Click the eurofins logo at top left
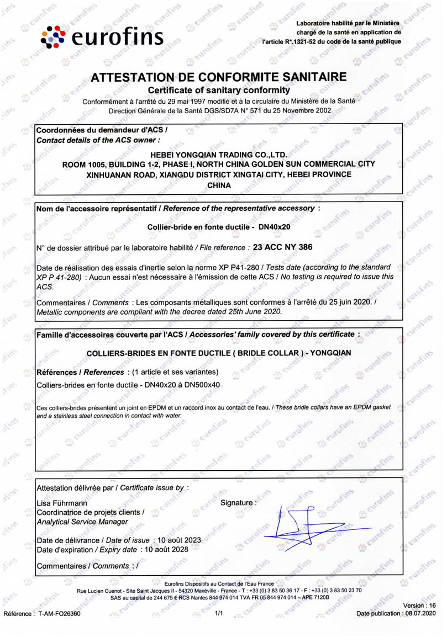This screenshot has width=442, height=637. [x=103, y=36]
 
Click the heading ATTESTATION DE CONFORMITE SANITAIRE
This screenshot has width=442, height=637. [x=219, y=77]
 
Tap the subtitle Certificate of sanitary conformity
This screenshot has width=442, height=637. [x=219, y=89]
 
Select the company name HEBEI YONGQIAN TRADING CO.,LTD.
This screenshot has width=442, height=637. [x=219, y=155]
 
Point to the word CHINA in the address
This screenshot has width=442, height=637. [x=218, y=185]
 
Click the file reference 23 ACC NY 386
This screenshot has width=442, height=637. [x=282, y=247]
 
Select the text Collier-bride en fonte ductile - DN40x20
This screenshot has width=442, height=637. [x=219, y=227]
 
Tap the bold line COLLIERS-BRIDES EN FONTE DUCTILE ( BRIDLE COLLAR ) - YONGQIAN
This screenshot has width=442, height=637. [x=219, y=352]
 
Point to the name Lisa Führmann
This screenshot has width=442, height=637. [x=61, y=503]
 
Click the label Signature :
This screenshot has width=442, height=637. [x=238, y=503]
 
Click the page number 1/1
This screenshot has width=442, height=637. [x=219, y=613]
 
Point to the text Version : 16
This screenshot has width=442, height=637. [x=419, y=605]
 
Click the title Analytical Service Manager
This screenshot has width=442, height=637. [x=82, y=522]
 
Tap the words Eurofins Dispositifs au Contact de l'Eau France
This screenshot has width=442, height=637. [x=219, y=583]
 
